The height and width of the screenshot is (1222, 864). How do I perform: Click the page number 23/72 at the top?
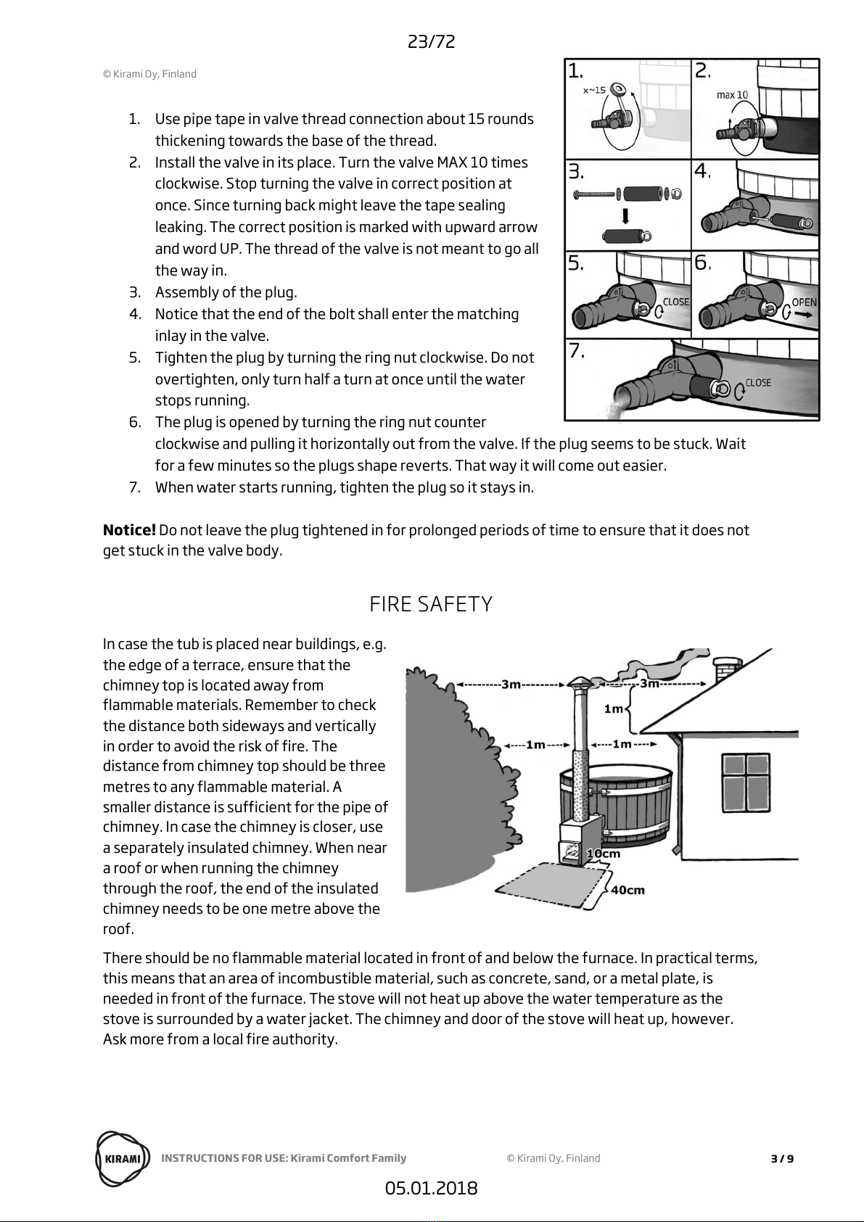click(431, 41)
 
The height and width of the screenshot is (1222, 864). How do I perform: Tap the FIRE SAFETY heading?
click(431, 604)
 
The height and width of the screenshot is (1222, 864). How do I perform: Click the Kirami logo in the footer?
click(123, 1158)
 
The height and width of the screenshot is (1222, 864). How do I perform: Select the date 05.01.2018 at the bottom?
click(431, 1189)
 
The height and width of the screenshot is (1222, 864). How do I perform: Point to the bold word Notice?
click(129, 529)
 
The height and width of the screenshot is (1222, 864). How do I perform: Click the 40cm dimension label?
click(628, 890)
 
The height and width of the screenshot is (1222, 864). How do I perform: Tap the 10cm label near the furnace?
click(604, 853)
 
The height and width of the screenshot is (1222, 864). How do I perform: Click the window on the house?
click(746, 783)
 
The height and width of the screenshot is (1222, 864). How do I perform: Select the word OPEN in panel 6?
click(804, 302)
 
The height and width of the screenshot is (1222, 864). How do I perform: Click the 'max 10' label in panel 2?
click(733, 95)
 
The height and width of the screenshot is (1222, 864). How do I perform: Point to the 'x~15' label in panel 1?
click(594, 90)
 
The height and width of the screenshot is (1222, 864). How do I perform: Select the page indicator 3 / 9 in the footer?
click(782, 1158)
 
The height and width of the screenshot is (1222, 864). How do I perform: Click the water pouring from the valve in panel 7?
click(618, 408)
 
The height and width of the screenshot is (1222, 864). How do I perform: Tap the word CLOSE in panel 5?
click(675, 302)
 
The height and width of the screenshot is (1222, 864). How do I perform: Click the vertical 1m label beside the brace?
click(614, 709)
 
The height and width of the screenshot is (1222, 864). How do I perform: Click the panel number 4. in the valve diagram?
click(702, 172)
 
